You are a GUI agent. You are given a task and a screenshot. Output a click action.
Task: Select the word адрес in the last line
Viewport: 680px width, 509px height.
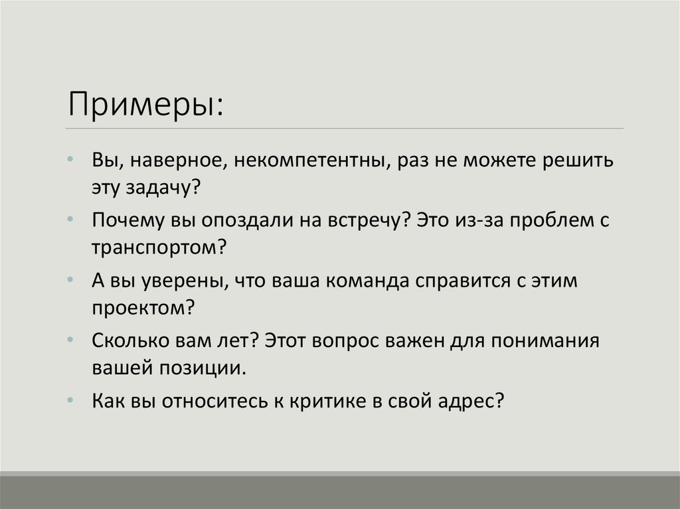coord(471,400)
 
